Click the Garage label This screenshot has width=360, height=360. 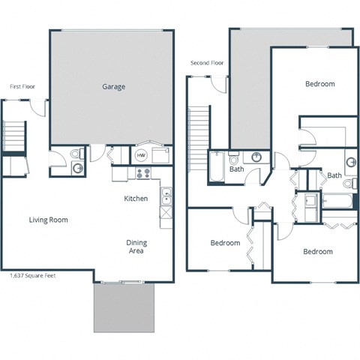[x=113, y=86]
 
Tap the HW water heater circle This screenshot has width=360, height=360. [x=141, y=156]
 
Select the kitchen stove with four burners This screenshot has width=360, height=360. [x=142, y=173]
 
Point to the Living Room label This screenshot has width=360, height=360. [x=49, y=220]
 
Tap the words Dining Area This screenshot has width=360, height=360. [x=136, y=247]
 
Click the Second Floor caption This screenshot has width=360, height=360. [x=207, y=62]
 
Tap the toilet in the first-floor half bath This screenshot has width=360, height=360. [x=75, y=154]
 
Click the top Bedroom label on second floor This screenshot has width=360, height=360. [x=319, y=84]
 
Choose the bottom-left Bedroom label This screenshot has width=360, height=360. [x=225, y=243]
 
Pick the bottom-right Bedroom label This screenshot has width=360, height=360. [x=317, y=251]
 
